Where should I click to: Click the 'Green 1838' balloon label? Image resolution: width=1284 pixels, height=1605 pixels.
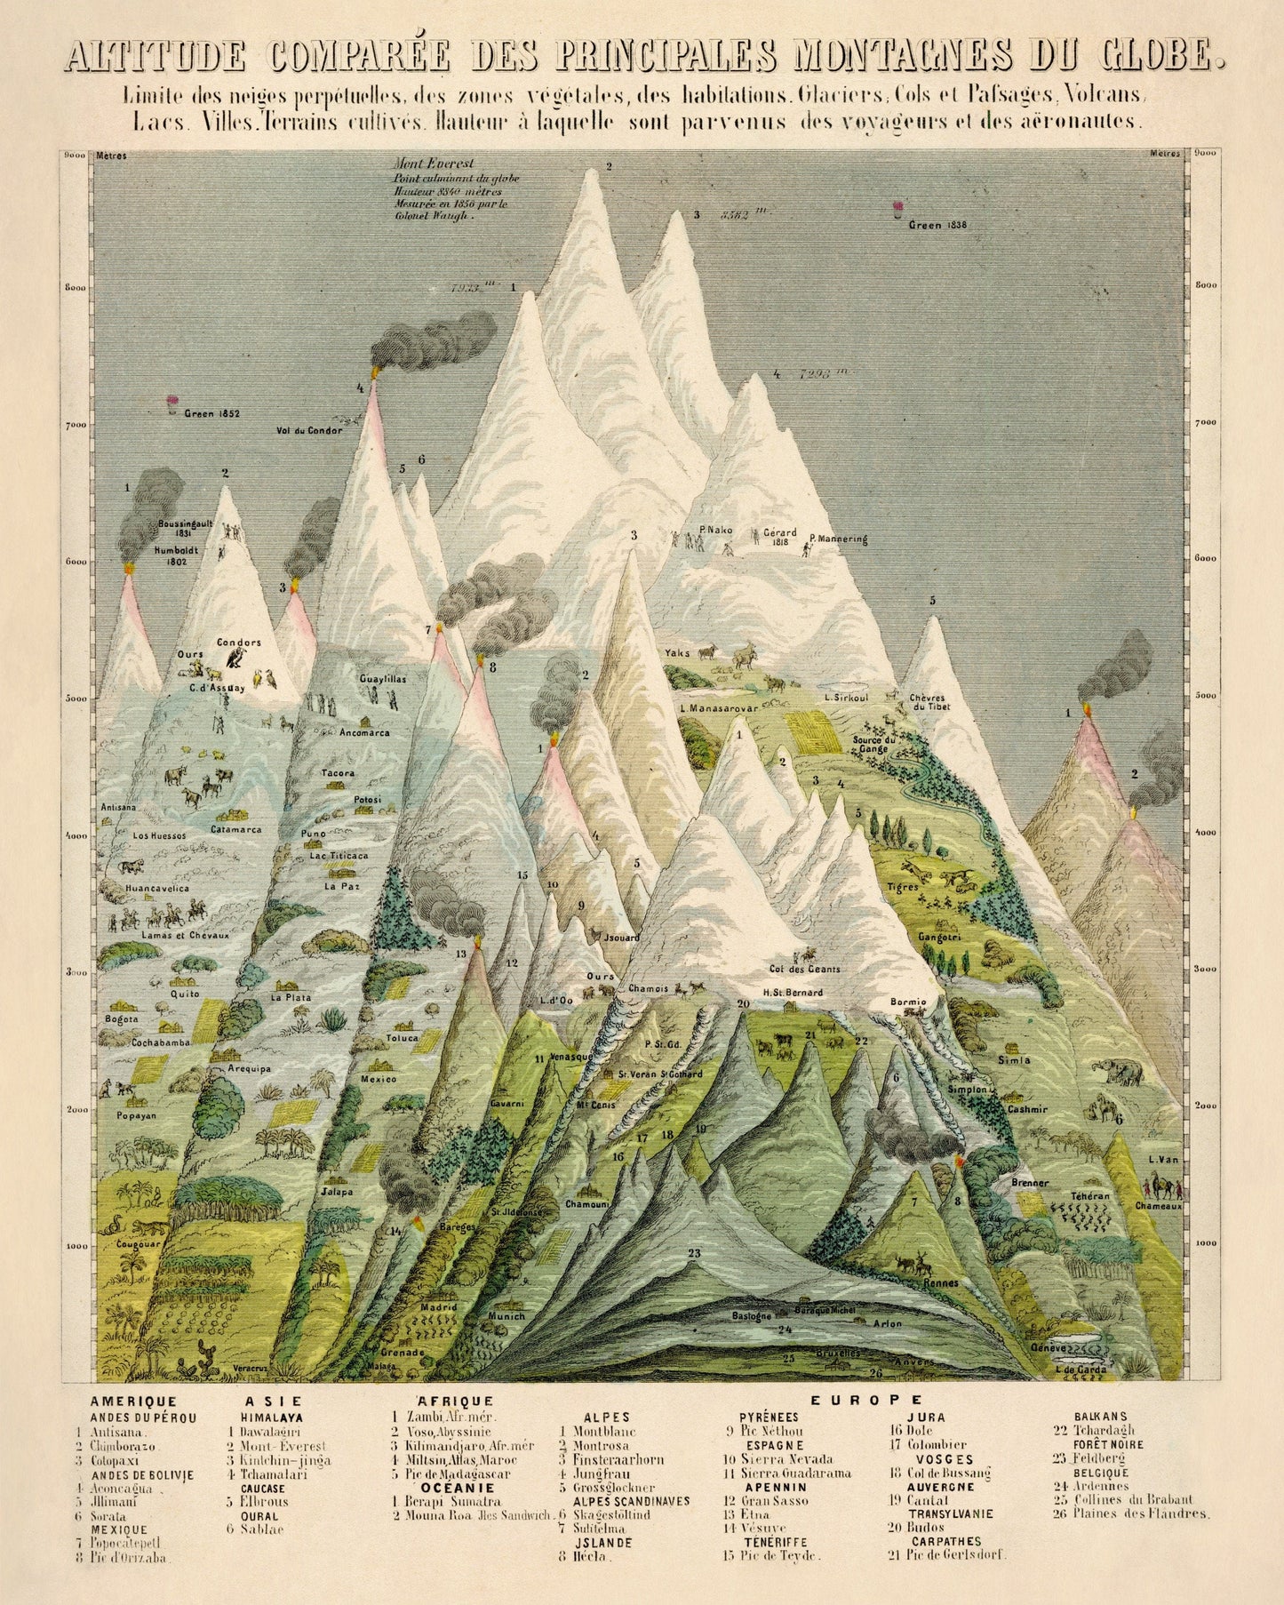pos(937,225)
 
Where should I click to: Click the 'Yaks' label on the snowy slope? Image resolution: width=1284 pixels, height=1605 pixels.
pos(677,653)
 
